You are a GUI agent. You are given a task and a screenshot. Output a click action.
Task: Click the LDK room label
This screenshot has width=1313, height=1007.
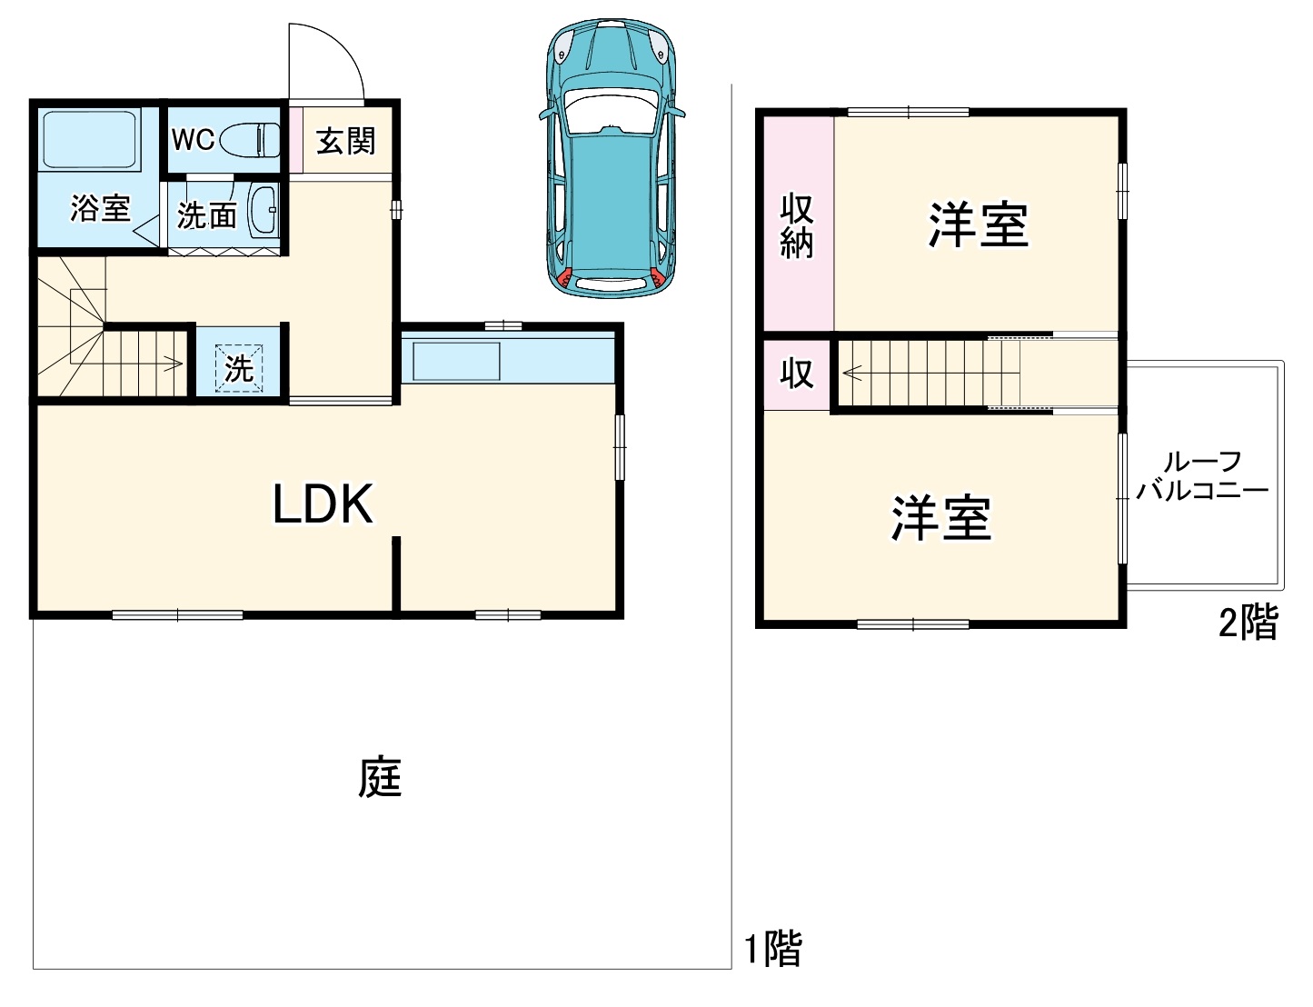coord(323,504)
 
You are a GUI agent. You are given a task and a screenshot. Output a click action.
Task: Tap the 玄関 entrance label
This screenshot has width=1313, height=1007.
coord(345,141)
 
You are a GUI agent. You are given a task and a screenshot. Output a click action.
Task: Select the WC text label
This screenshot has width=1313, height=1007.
coord(193,139)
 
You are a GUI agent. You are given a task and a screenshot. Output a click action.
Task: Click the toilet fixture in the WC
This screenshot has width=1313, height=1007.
coord(251,139)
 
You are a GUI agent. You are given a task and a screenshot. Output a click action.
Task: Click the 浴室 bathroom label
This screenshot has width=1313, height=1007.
coord(100,209)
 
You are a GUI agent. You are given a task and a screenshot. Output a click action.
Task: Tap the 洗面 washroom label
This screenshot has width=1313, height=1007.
coord(207,215)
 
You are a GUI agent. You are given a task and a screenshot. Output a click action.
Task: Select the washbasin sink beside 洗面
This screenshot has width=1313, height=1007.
coord(263,212)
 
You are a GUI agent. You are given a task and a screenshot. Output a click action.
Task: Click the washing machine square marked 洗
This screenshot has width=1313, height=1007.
coord(239,368)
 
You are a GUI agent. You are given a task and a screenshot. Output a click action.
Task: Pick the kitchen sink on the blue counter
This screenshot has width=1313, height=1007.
coord(456,361)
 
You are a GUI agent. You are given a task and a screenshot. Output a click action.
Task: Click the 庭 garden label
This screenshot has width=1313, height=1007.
coord(380,778)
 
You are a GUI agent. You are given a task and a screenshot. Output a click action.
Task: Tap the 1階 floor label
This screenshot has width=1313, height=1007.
coord(773,949)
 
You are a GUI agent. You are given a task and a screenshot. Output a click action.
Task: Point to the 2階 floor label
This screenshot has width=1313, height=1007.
coord(1248,623)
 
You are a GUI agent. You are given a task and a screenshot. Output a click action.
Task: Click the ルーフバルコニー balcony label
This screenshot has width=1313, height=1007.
coord(1202,476)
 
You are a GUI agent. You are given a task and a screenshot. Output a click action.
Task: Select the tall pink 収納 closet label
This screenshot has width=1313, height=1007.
coord(797,226)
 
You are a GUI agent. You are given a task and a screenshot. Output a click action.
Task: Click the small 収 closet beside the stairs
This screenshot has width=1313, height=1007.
coord(796,374)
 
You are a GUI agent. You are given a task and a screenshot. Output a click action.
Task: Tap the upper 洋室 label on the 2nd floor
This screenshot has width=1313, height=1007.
coord(978,224)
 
